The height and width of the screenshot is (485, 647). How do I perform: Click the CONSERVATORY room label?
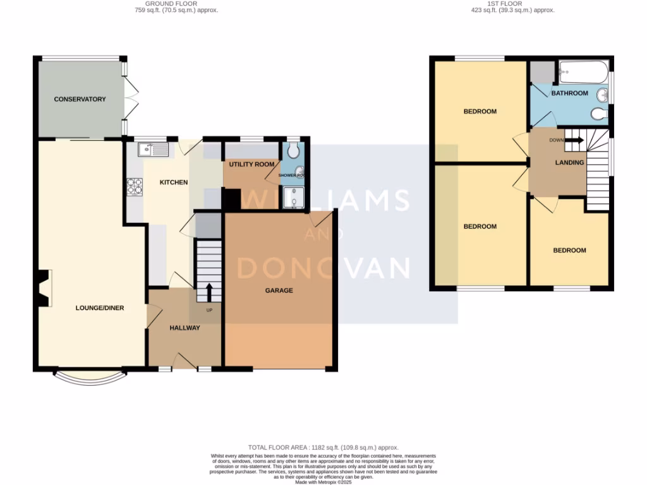(x=80, y=99)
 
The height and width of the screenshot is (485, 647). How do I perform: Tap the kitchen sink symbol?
(x=150, y=150)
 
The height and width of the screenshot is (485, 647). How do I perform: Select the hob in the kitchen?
(x=135, y=186)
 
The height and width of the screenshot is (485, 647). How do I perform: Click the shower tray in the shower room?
(x=293, y=198)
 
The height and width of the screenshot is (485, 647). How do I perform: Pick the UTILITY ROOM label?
(x=252, y=164)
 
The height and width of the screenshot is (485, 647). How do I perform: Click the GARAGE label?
(x=279, y=291)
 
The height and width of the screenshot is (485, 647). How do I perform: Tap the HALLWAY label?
(x=184, y=328)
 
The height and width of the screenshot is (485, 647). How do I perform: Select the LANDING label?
(x=569, y=162)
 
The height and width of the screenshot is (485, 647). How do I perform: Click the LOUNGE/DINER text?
(x=100, y=308)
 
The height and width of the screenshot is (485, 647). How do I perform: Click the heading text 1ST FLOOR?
(x=504, y=4)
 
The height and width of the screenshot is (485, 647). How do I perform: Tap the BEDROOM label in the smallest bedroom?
(x=569, y=250)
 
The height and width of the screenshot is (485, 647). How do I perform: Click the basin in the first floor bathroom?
(x=603, y=96)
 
